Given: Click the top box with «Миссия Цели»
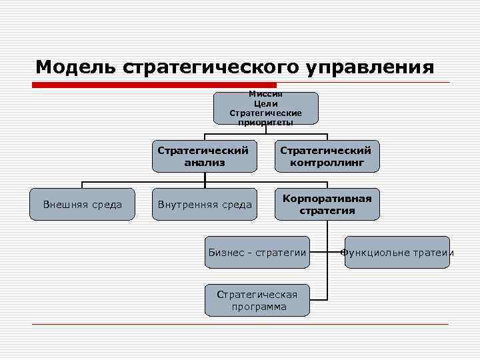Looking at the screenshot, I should pos(266,108).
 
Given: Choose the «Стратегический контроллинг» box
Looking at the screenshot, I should pos(327,156).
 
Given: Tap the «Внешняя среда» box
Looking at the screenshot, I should pos(83,204).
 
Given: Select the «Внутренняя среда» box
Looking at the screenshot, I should pos(205,204).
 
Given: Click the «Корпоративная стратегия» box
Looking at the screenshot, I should pos(327,204).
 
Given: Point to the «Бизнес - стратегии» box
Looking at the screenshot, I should pos(257,252).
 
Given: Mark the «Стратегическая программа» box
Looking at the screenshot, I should pos(257,301).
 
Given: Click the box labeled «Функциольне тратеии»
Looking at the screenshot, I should pos(397,252).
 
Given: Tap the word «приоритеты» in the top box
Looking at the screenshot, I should pos(266,122).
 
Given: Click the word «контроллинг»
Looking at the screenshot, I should pos(327,162).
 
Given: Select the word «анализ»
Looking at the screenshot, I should pos(205,162).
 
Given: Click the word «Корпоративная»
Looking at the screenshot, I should pos(327,199).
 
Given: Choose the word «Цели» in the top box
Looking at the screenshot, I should pos(266,104).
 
